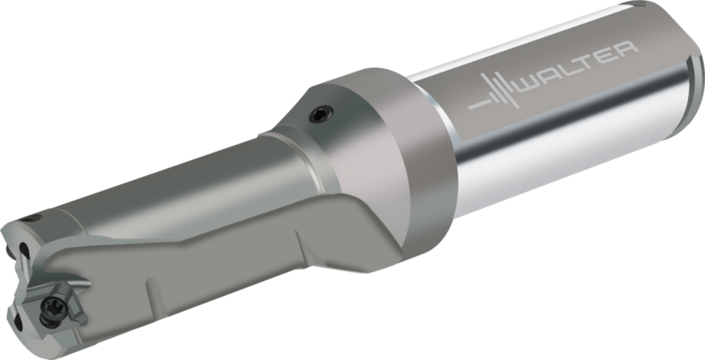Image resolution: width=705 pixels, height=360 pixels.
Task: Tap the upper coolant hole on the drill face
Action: point(25,251)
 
